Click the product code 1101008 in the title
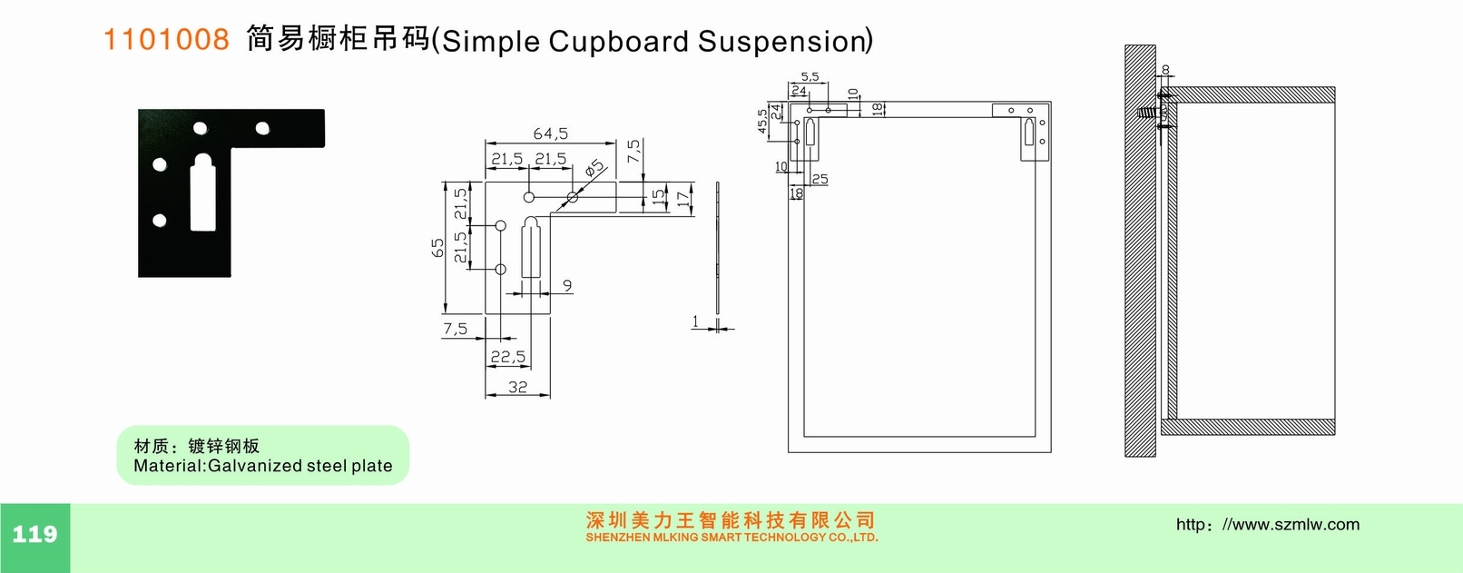click(166, 39)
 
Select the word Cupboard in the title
click(619, 42)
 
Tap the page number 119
click(34, 534)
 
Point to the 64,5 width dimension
click(550, 133)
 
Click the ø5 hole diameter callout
click(594, 169)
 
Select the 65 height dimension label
click(438, 247)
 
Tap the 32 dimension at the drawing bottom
click(517, 387)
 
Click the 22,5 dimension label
click(507, 357)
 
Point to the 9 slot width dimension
click(567, 285)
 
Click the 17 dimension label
click(683, 199)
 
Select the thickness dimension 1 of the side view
click(695, 321)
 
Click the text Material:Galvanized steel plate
click(263, 466)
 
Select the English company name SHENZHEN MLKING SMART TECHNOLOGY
click(731, 538)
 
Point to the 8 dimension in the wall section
click(1165, 69)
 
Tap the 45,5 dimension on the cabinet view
click(761, 121)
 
